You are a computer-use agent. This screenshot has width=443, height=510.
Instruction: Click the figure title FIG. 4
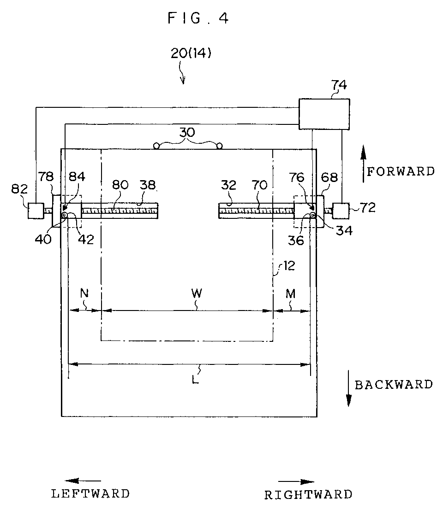click(x=198, y=18)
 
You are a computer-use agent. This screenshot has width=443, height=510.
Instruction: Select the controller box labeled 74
click(x=324, y=114)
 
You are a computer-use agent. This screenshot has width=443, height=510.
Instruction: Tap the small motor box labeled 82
click(x=36, y=211)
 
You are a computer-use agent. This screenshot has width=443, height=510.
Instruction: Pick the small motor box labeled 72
click(x=341, y=211)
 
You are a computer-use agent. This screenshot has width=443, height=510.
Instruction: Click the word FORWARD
click(x=401, y=171)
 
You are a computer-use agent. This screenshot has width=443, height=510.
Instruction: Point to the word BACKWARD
click(x=394, y=385)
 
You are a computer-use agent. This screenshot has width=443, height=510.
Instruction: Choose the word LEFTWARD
click(x=90, y=494)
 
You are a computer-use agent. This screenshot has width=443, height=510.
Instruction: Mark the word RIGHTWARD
click(x=308, y=495)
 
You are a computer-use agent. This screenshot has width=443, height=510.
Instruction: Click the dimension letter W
click(x=197, y=293)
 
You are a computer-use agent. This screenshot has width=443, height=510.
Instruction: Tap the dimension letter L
click(x=195, y=379)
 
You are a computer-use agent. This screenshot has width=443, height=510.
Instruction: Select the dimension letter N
click(x=84, y=293)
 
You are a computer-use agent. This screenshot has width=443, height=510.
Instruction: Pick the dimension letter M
click(x=291, y=294)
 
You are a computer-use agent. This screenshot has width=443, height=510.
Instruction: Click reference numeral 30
click(x=187, y=132)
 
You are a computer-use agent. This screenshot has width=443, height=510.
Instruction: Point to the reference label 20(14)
click(x=191, y=53)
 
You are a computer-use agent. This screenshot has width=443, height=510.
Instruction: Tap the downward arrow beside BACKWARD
click(x=348, y=388)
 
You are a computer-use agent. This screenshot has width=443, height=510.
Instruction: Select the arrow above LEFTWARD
click(x=83, y=481)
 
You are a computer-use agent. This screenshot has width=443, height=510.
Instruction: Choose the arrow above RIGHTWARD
click(x=296, y=482)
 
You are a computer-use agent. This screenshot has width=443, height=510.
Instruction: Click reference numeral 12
click(x=289, y=266)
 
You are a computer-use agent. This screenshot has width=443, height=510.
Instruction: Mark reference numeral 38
click(x=148, y=185)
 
